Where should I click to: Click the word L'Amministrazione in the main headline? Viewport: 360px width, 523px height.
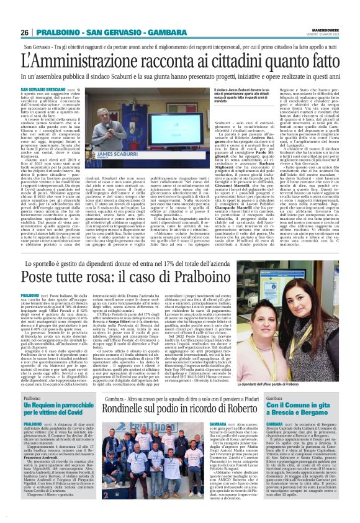(93, 61)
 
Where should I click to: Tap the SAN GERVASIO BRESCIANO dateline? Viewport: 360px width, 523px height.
(44, 89)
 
